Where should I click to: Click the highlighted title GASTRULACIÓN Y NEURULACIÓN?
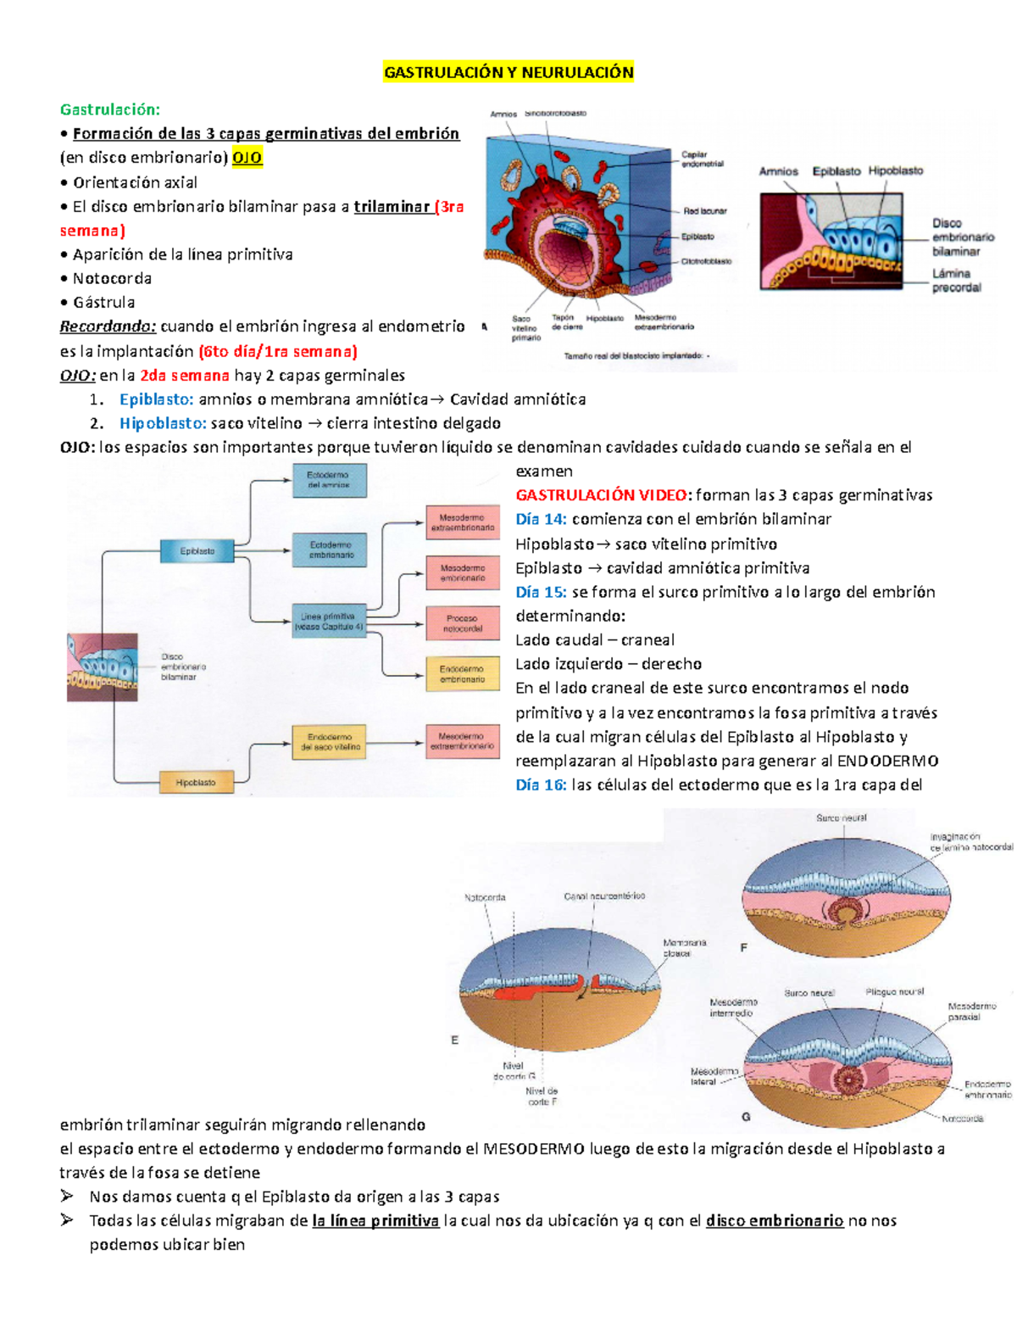point(508,72)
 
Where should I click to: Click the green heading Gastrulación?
point(109,109)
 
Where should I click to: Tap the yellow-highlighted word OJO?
point(247,158)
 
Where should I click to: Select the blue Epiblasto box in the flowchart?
point(197,551)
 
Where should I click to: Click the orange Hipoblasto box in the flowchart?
point(195,783)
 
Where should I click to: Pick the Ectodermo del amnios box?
point(330,480)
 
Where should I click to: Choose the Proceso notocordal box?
point(462,623)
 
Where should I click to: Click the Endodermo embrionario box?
point(462,674)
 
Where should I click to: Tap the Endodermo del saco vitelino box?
point(330,742)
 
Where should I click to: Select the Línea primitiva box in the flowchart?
point(329,622)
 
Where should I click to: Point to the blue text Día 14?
point(541,519)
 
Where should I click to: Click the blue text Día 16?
point(541,785)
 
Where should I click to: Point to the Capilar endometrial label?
point(702,159)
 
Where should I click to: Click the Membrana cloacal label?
point(684,947)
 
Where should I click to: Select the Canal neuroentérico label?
point(604,896)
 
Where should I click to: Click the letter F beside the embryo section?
point(744,947)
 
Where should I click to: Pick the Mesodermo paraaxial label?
point(971,1011)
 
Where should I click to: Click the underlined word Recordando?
point(108,326)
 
